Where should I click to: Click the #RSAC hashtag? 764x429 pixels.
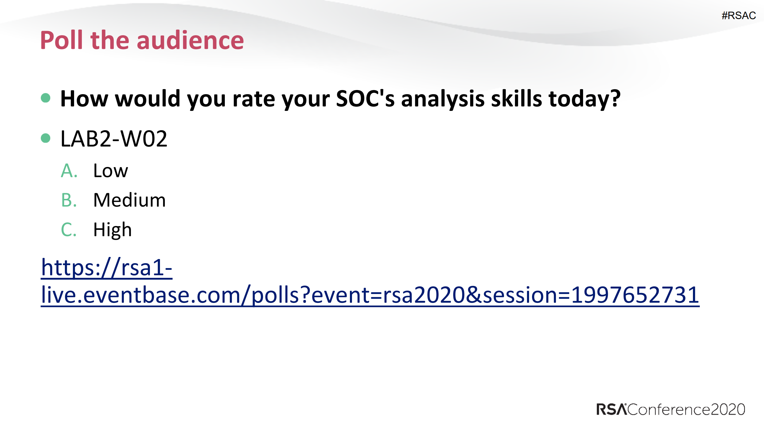pyautogui.click(x=738, y=16)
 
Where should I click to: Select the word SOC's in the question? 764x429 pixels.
pyautogui.click(x=365, y=99)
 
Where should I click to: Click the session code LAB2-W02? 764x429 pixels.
pyautogui.click(x=114, y=139)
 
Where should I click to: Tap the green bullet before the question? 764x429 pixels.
pyautogui.click(x=45, y=98)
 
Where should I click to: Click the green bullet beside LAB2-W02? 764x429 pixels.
pyautogui.click(x=45, y=138)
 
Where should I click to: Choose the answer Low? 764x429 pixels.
pyautogui.click(x=110, y=171)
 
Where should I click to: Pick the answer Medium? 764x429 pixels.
pyautogui.click(x=129, y=200)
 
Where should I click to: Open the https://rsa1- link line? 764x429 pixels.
pyautogui.click(x=107, y=267)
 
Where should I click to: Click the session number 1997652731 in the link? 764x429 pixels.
pyautogui.click(x=635, y=295)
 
